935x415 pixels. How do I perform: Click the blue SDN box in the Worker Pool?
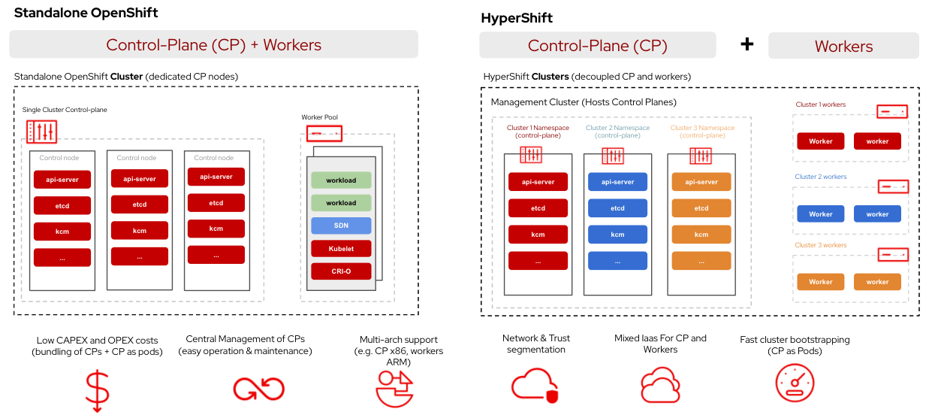[x=341, y=226]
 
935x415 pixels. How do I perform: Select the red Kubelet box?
[x=341, y=248]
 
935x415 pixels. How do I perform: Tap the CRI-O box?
[x=341, y=271]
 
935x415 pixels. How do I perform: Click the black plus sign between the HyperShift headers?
[x=746, y=44]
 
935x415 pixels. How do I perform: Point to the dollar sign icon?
[x=97, y=389]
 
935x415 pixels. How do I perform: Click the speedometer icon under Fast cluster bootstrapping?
[x=795, y=383]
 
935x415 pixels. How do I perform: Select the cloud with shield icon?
[x=535, y=385]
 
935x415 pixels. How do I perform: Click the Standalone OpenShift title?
[x=86, y=13]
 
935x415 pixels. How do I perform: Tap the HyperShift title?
[x=517, y=18]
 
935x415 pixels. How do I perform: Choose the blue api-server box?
[x=617, y=182]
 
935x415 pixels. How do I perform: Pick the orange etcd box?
[x=701, y=208]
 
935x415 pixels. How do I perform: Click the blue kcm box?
[x=617, y=235]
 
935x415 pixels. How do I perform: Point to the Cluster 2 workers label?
[x=821, y=177]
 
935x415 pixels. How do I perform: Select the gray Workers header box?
[x=843, y=46]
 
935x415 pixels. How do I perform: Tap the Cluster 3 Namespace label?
[x=702, y=132]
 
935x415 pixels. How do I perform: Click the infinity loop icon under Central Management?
[x=258, y=388]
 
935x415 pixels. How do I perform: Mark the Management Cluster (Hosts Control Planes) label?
[x=584, y=102]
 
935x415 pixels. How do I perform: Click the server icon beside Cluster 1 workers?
[x=892, y=111]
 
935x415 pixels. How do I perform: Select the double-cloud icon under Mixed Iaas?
[x=660, y=386]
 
